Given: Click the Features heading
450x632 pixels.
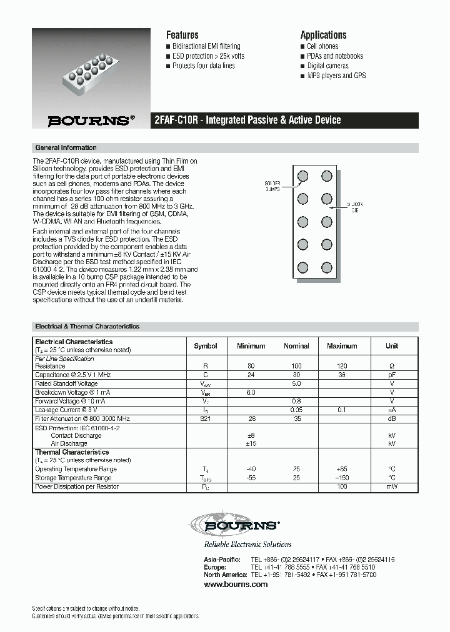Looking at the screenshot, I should click(182, 35).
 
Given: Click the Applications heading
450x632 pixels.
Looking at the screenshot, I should click(323, 35).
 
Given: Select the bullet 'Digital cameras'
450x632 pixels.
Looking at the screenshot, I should click(327, 66).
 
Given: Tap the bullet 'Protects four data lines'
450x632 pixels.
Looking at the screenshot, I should click(203, 66).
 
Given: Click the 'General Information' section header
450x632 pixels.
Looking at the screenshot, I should click(66, 148).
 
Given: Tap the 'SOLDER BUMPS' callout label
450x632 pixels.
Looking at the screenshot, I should click(272, 185).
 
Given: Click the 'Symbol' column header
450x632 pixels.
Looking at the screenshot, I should click(206, 346).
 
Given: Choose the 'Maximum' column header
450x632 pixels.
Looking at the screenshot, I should click(342, 346).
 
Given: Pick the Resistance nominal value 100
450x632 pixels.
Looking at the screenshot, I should click(296, 365).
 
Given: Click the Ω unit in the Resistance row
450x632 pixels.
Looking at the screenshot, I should click(392, 365).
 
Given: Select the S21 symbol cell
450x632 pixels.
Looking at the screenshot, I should click(206, 418).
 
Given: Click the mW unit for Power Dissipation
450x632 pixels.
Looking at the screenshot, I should click(392, 486).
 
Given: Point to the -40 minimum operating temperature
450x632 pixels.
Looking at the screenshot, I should click(251, 469).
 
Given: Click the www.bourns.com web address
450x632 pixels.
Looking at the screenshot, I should click(236, 585).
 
